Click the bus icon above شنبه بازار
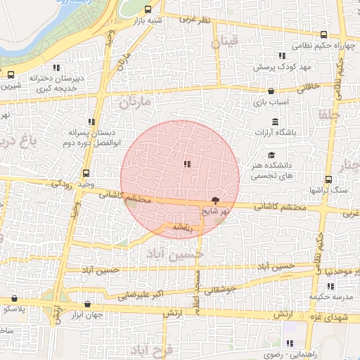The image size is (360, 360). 148,10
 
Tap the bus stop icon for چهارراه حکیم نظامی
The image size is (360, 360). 323,34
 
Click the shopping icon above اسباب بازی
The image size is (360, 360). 271,91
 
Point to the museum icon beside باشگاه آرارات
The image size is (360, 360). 274,122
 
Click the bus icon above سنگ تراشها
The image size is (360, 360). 328,179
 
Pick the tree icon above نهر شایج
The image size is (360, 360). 215,200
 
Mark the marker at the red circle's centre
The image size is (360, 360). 186,164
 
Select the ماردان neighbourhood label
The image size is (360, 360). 135,103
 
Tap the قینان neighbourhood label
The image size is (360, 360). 229,42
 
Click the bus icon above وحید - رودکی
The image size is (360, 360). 86,173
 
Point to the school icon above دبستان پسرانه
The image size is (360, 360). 91,122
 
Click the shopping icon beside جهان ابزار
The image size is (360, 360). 87,304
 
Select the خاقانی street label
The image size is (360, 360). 310,86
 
